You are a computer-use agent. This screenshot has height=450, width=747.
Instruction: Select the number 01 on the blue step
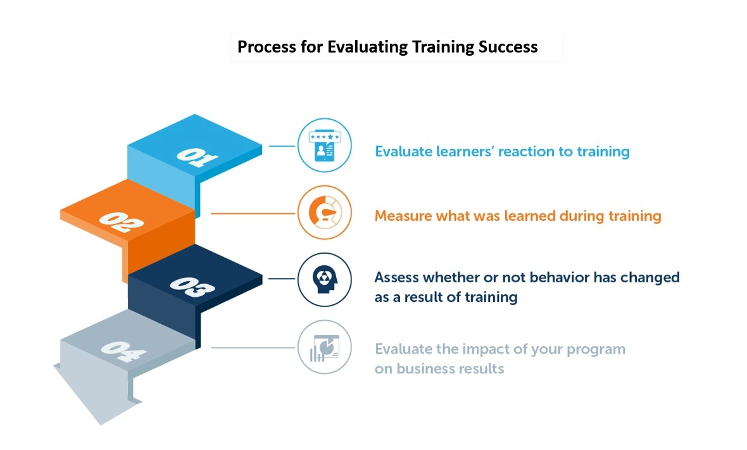click(x=197, y=157)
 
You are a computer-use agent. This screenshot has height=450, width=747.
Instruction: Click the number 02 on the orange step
click(x=121, y=222)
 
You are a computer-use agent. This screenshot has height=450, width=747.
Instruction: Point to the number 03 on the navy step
click(x=192, y=287)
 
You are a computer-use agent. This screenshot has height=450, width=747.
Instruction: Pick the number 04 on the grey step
click(x=123, y=351)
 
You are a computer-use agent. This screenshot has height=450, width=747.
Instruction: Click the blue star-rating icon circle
click(x=324, y=145)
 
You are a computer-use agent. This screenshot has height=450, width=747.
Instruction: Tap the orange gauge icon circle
click(x=324, y=213)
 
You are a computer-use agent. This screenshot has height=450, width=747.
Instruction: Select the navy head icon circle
click(x=324, y=280)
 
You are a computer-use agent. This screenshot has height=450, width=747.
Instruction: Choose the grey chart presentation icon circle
click(x=324, y=347)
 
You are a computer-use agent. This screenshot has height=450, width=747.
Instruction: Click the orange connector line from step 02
click(x=253, y=213)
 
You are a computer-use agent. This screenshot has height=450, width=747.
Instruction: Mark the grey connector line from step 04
click(x=253, y=347)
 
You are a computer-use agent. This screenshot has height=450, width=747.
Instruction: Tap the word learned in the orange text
click(x=530, y=216)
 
